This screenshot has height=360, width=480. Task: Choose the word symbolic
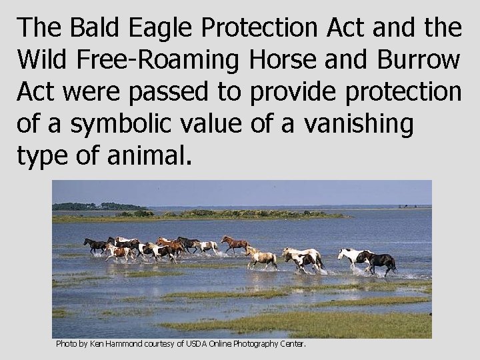(119, 124)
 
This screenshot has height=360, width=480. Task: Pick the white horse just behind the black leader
(351, 257)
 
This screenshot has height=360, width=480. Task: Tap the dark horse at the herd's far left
(95, 245)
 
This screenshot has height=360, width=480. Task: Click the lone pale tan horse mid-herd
(263, 257)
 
